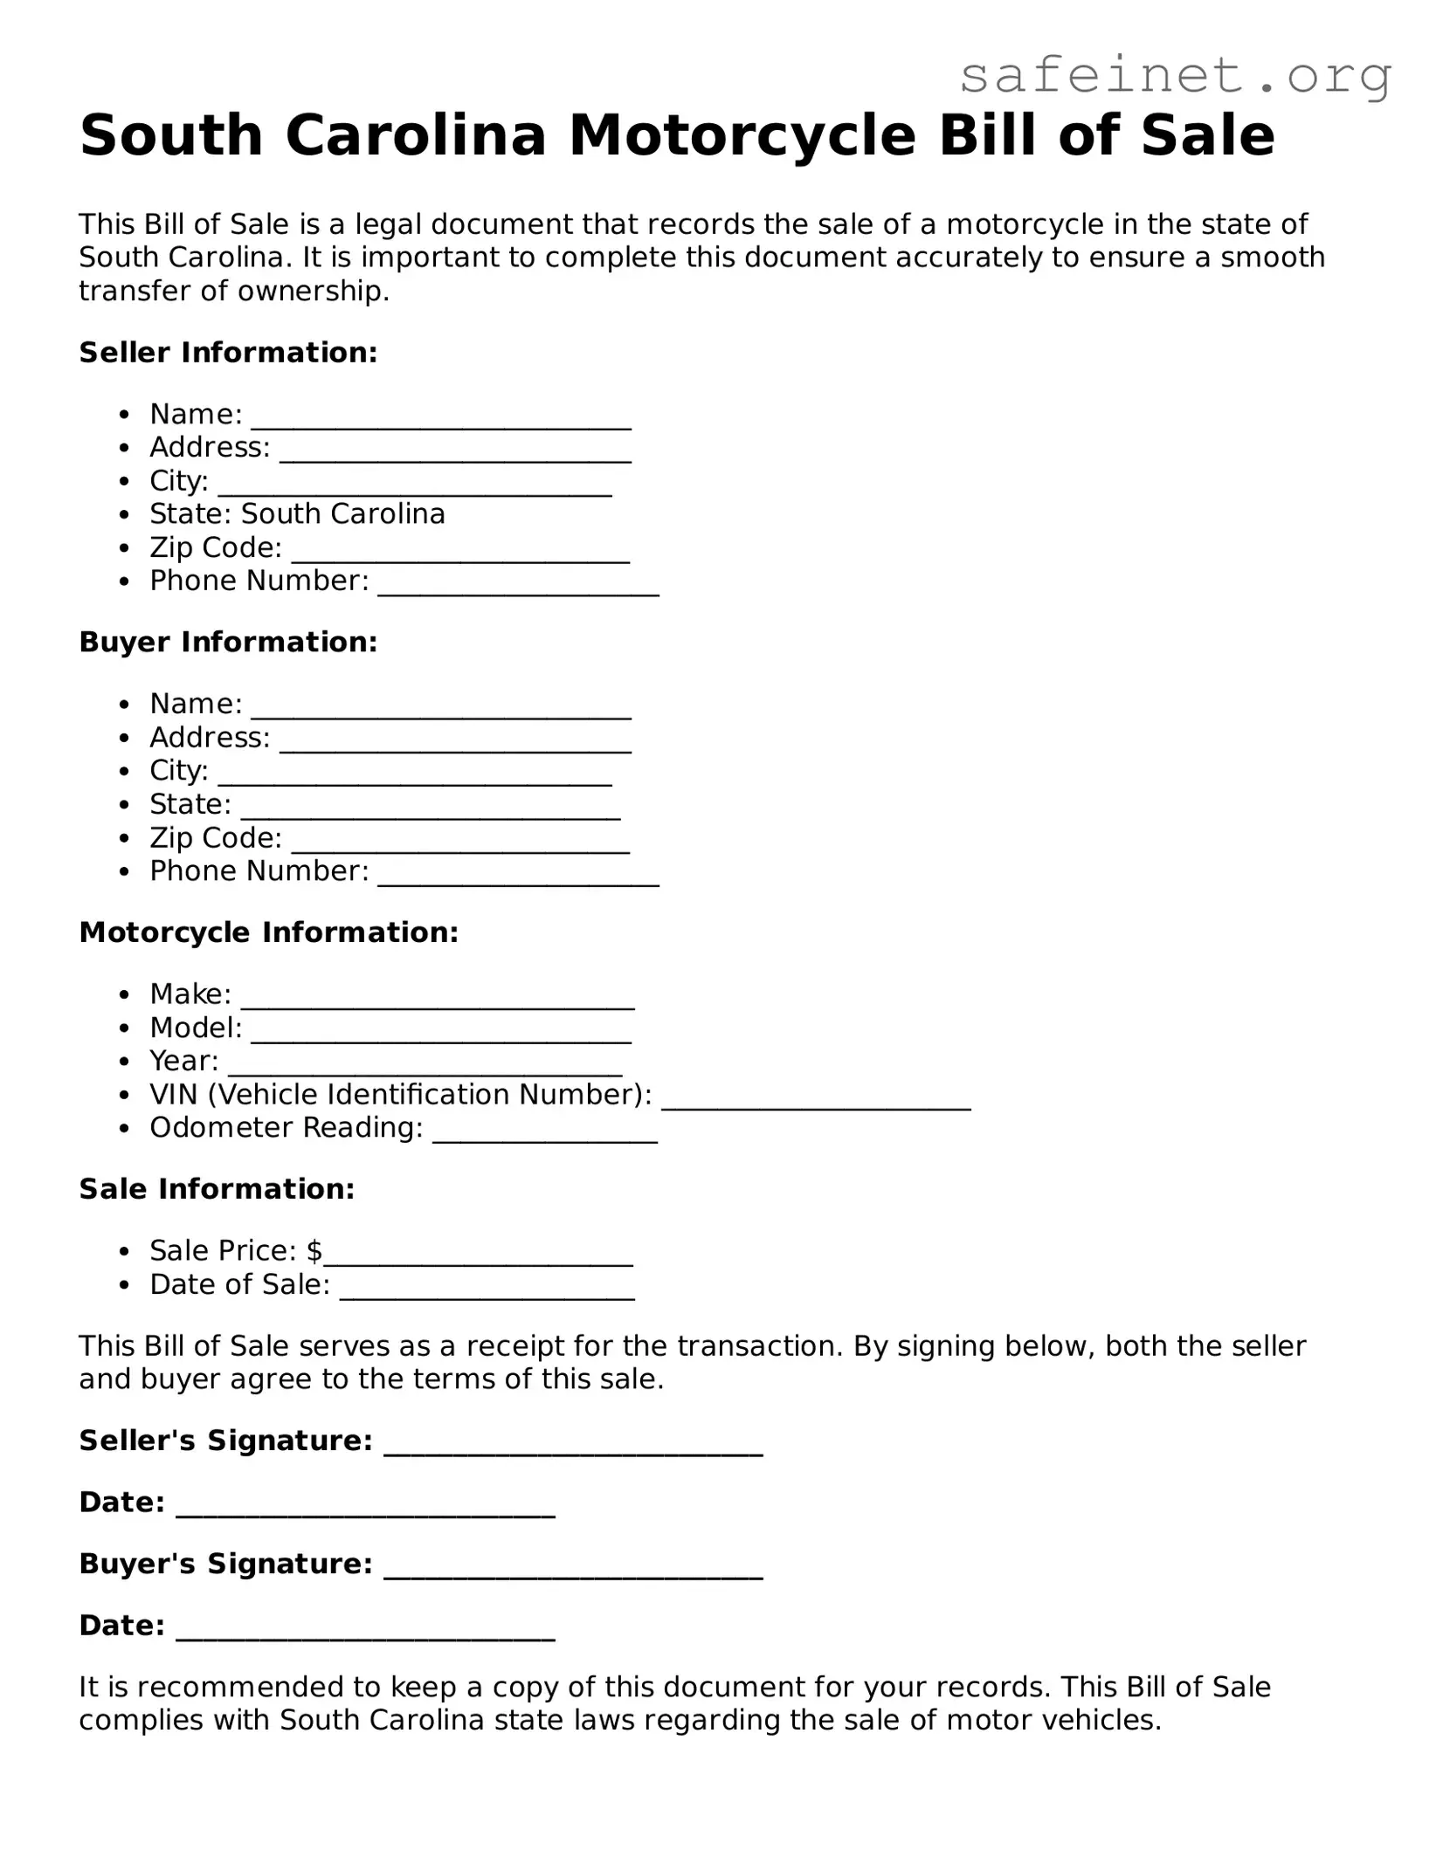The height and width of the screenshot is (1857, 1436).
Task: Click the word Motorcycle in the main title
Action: [742, 135]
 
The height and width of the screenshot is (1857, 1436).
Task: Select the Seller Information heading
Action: [228, 353]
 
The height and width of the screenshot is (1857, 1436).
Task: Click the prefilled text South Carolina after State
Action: [342, 514]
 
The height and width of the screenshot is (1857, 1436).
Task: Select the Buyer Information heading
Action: [228, 643]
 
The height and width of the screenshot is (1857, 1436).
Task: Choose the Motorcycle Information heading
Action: [268, 932]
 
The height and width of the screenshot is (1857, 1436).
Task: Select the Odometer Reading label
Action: [286, 1128]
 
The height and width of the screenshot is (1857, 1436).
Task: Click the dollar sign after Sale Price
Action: [314, 1251]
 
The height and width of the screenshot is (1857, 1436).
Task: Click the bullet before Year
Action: [127, 1062]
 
